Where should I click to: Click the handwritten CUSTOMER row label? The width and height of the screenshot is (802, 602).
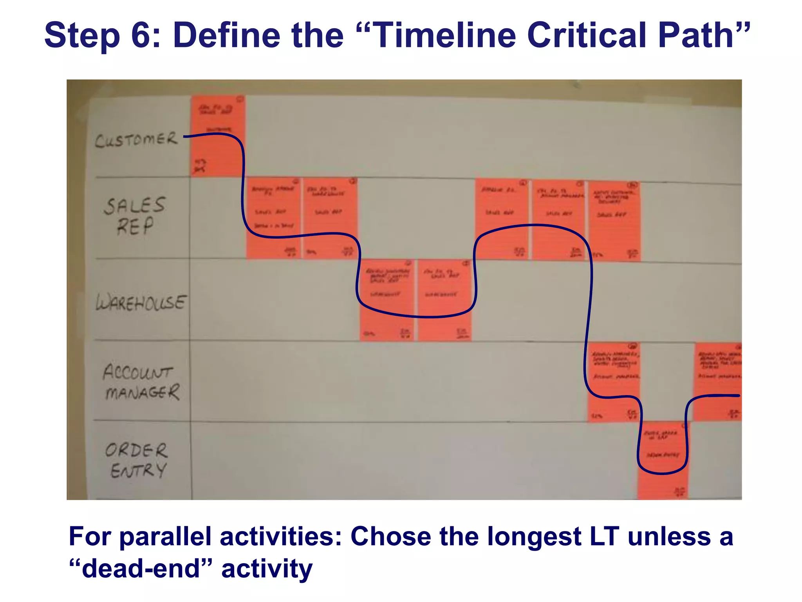[x=136, y=140]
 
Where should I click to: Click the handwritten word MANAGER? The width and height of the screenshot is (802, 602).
[x=143, y=392]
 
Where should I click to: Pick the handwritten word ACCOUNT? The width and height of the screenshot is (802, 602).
[x=138, y=372]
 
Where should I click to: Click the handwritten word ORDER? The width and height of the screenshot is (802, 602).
[x=136, y=450]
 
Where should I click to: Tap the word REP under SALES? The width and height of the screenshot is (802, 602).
[x=135, y=227]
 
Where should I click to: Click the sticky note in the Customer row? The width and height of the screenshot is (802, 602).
[x=218, y=136]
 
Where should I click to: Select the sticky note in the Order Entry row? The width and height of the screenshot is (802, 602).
[x=663, y=460]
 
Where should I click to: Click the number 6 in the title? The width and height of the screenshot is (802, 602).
[x=142, y=35]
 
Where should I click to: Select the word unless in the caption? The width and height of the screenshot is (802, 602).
[x=669, y=536]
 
